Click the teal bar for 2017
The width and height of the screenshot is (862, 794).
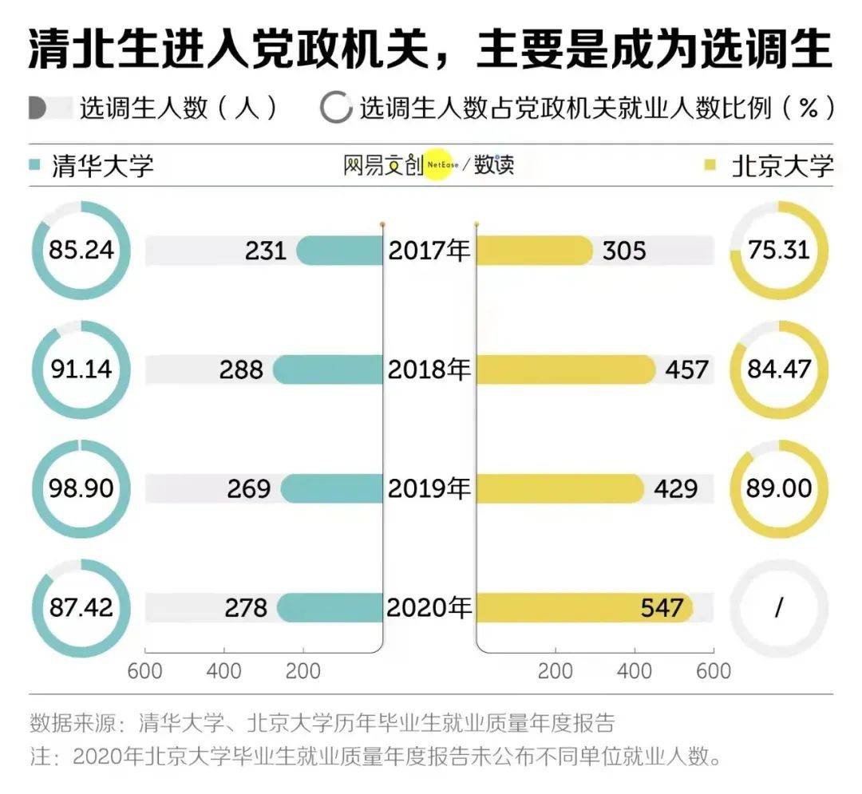pyautogui.click(x=340, y=251)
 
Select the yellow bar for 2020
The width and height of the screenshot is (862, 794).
pyautogui.click(x=584, y=608)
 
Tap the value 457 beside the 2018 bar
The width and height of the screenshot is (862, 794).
pyautogui.click(x=686, y=369)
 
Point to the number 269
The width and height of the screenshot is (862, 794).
pyautogui.click(x=249, y=488)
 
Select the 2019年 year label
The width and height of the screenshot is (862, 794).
pyautogui.click(x=429, y=488)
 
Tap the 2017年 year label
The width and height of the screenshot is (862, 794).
pyautogui.click(x=429, y=251)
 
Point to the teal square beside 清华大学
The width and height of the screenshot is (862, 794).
pyautogui.click(x=34, y=164)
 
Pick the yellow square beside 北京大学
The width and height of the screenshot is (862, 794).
pyautogui.click(x=710, y=165)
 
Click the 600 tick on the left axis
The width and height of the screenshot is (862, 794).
pyautogui.click(x=144, y=671)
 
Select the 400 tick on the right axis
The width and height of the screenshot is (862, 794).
pyautogui.click(x=635, y=671)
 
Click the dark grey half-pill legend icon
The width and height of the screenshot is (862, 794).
pyautogui.click(x=38, y=108)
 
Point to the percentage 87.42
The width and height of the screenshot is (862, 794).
pyautogui.click(x=81, y=607)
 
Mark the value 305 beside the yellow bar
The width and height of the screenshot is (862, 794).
pyautogui.click(x=624, y=251)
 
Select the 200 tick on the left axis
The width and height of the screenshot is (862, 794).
pyautogui.click(x=303, y=671)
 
